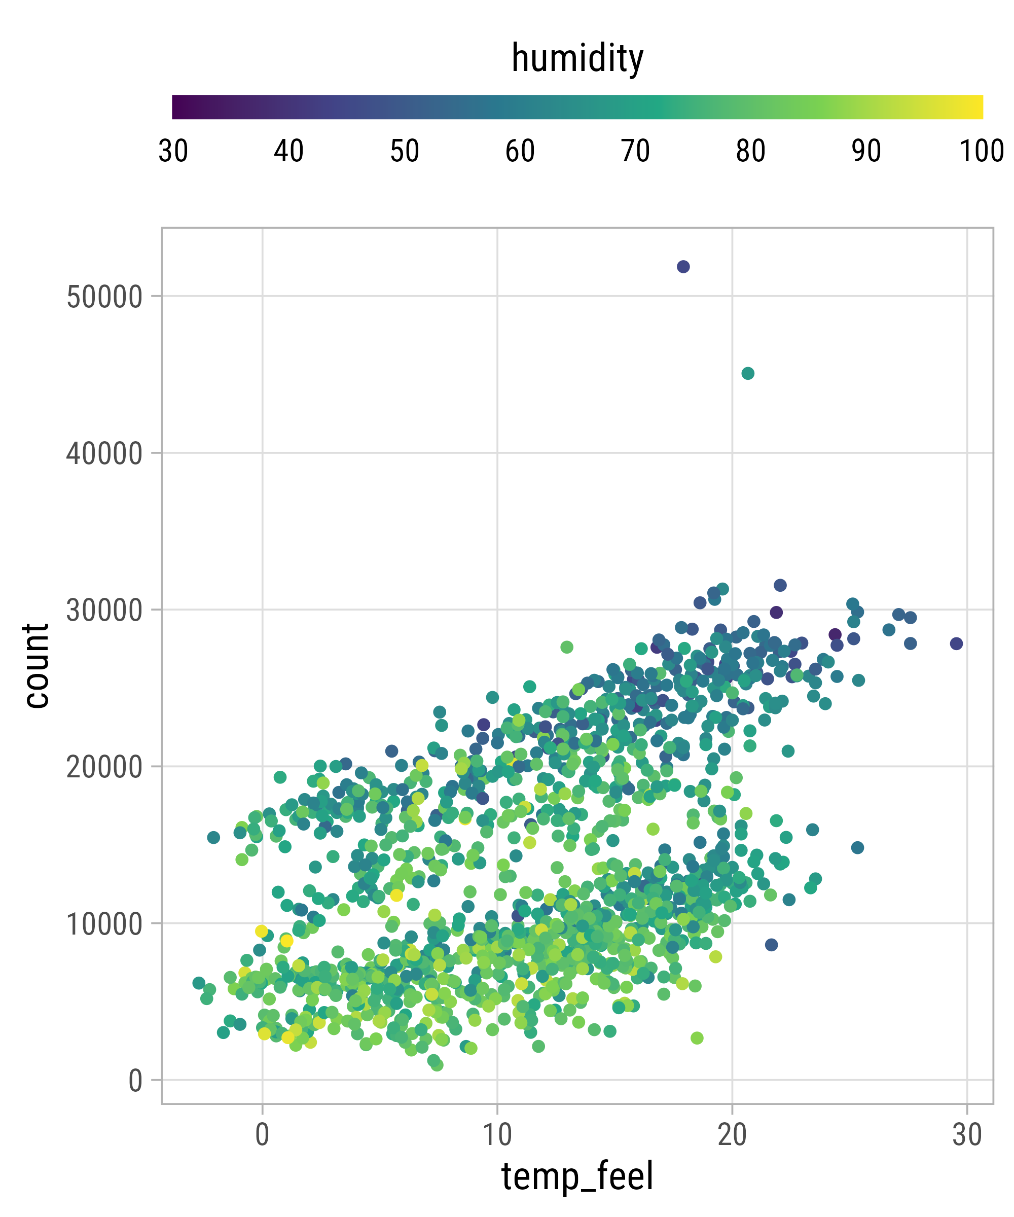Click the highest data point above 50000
[683, 267]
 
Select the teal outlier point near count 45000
[748, 373]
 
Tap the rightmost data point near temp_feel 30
[956, 643]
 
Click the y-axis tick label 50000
[104, 297]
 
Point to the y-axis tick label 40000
[104, 454]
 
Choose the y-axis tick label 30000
[104, 610]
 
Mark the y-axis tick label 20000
[104, 767]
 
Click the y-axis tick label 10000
[104, 924]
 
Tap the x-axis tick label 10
[497, 1135]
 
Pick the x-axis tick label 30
[967, 1135]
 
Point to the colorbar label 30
[173, 151]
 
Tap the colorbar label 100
[982, 151]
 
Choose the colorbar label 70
[635, 151]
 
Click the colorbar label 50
[404, 151]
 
